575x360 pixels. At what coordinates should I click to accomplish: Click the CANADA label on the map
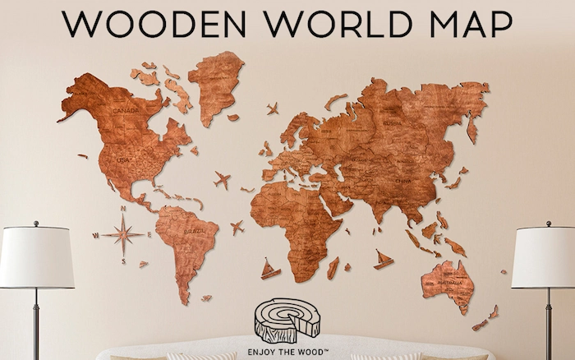[x=126, y=110]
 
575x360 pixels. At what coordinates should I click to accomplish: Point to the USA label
[x=123, y=159]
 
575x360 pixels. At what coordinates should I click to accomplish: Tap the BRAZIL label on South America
[x=194, y=233]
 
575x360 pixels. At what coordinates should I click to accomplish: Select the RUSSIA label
[x=392, y=123]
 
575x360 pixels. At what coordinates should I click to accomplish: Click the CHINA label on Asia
[x=402, y=179]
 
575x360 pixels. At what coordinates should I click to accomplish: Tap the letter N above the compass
[x=123, y=210]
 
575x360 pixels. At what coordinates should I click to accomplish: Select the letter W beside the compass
[x=97, y=235]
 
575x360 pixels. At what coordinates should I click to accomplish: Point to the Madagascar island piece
[x=333, y=267]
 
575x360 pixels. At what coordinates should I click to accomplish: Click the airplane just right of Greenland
[x=272, y=108]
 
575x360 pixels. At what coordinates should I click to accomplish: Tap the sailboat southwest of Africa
[x=269, y=269]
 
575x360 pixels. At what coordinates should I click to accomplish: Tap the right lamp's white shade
[x=543, y=257]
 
